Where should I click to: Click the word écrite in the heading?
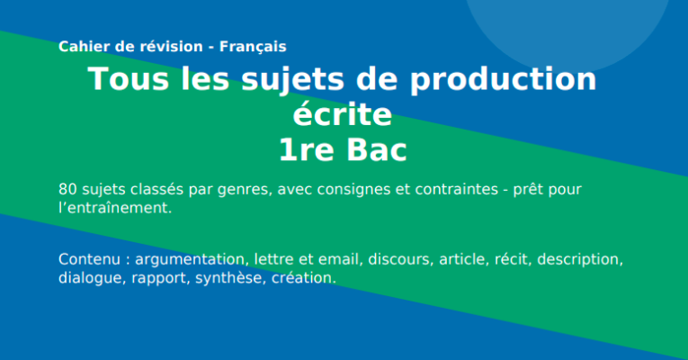(343, 116)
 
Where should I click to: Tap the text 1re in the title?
(307, 151)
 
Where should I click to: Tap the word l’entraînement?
(114, 208)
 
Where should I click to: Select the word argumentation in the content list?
(190, 260)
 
